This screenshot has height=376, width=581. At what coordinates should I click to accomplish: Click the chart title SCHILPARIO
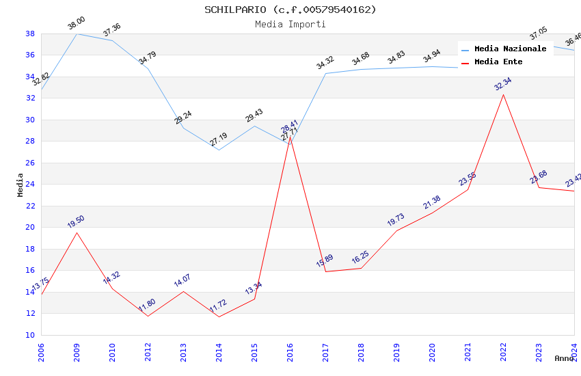pos(290,10)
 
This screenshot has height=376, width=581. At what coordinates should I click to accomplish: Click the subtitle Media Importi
pos(290,24)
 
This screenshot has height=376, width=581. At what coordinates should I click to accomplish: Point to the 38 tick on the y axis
pos(30,33)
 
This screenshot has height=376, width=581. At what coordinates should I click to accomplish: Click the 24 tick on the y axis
pos(30,184)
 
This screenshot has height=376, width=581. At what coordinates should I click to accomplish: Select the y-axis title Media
pos(21,185)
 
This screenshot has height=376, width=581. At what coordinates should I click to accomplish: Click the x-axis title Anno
pos(564,358)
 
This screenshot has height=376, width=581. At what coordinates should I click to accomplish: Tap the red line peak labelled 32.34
pos(503,94)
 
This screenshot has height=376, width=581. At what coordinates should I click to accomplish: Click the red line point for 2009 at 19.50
pos(77,232)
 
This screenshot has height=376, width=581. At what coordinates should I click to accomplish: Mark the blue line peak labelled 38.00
pos(77,33)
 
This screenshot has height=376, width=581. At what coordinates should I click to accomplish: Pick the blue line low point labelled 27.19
pos(219,150)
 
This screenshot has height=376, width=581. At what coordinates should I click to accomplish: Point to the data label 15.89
pos(325,261)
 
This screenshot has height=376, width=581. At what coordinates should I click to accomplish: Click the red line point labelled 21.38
pos(432,213)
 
